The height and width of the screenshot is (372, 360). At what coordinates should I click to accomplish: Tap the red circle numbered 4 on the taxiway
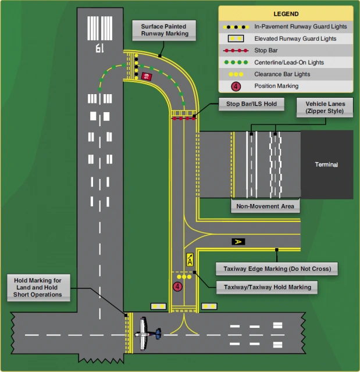pos(177,286)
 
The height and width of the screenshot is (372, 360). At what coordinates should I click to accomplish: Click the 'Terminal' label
pos(326,164)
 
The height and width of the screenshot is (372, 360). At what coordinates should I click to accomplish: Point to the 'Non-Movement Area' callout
pos(265,206)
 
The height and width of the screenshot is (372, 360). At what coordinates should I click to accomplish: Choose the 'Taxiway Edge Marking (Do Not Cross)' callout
pos(277,269)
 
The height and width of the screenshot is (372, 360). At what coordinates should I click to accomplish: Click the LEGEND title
pos(286,13)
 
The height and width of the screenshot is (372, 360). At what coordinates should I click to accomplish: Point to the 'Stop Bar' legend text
pos(266,50)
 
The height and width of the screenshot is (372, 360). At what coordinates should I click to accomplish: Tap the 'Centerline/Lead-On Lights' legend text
pos(281,62)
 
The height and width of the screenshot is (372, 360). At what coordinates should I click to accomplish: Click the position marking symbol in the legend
pos(236,86)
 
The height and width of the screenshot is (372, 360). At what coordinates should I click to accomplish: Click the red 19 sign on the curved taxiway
pos(146,76)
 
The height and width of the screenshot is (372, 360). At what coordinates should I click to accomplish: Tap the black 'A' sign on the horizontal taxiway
pos(237,241)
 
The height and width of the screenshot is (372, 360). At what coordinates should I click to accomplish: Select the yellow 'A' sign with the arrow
pos(190,260)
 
